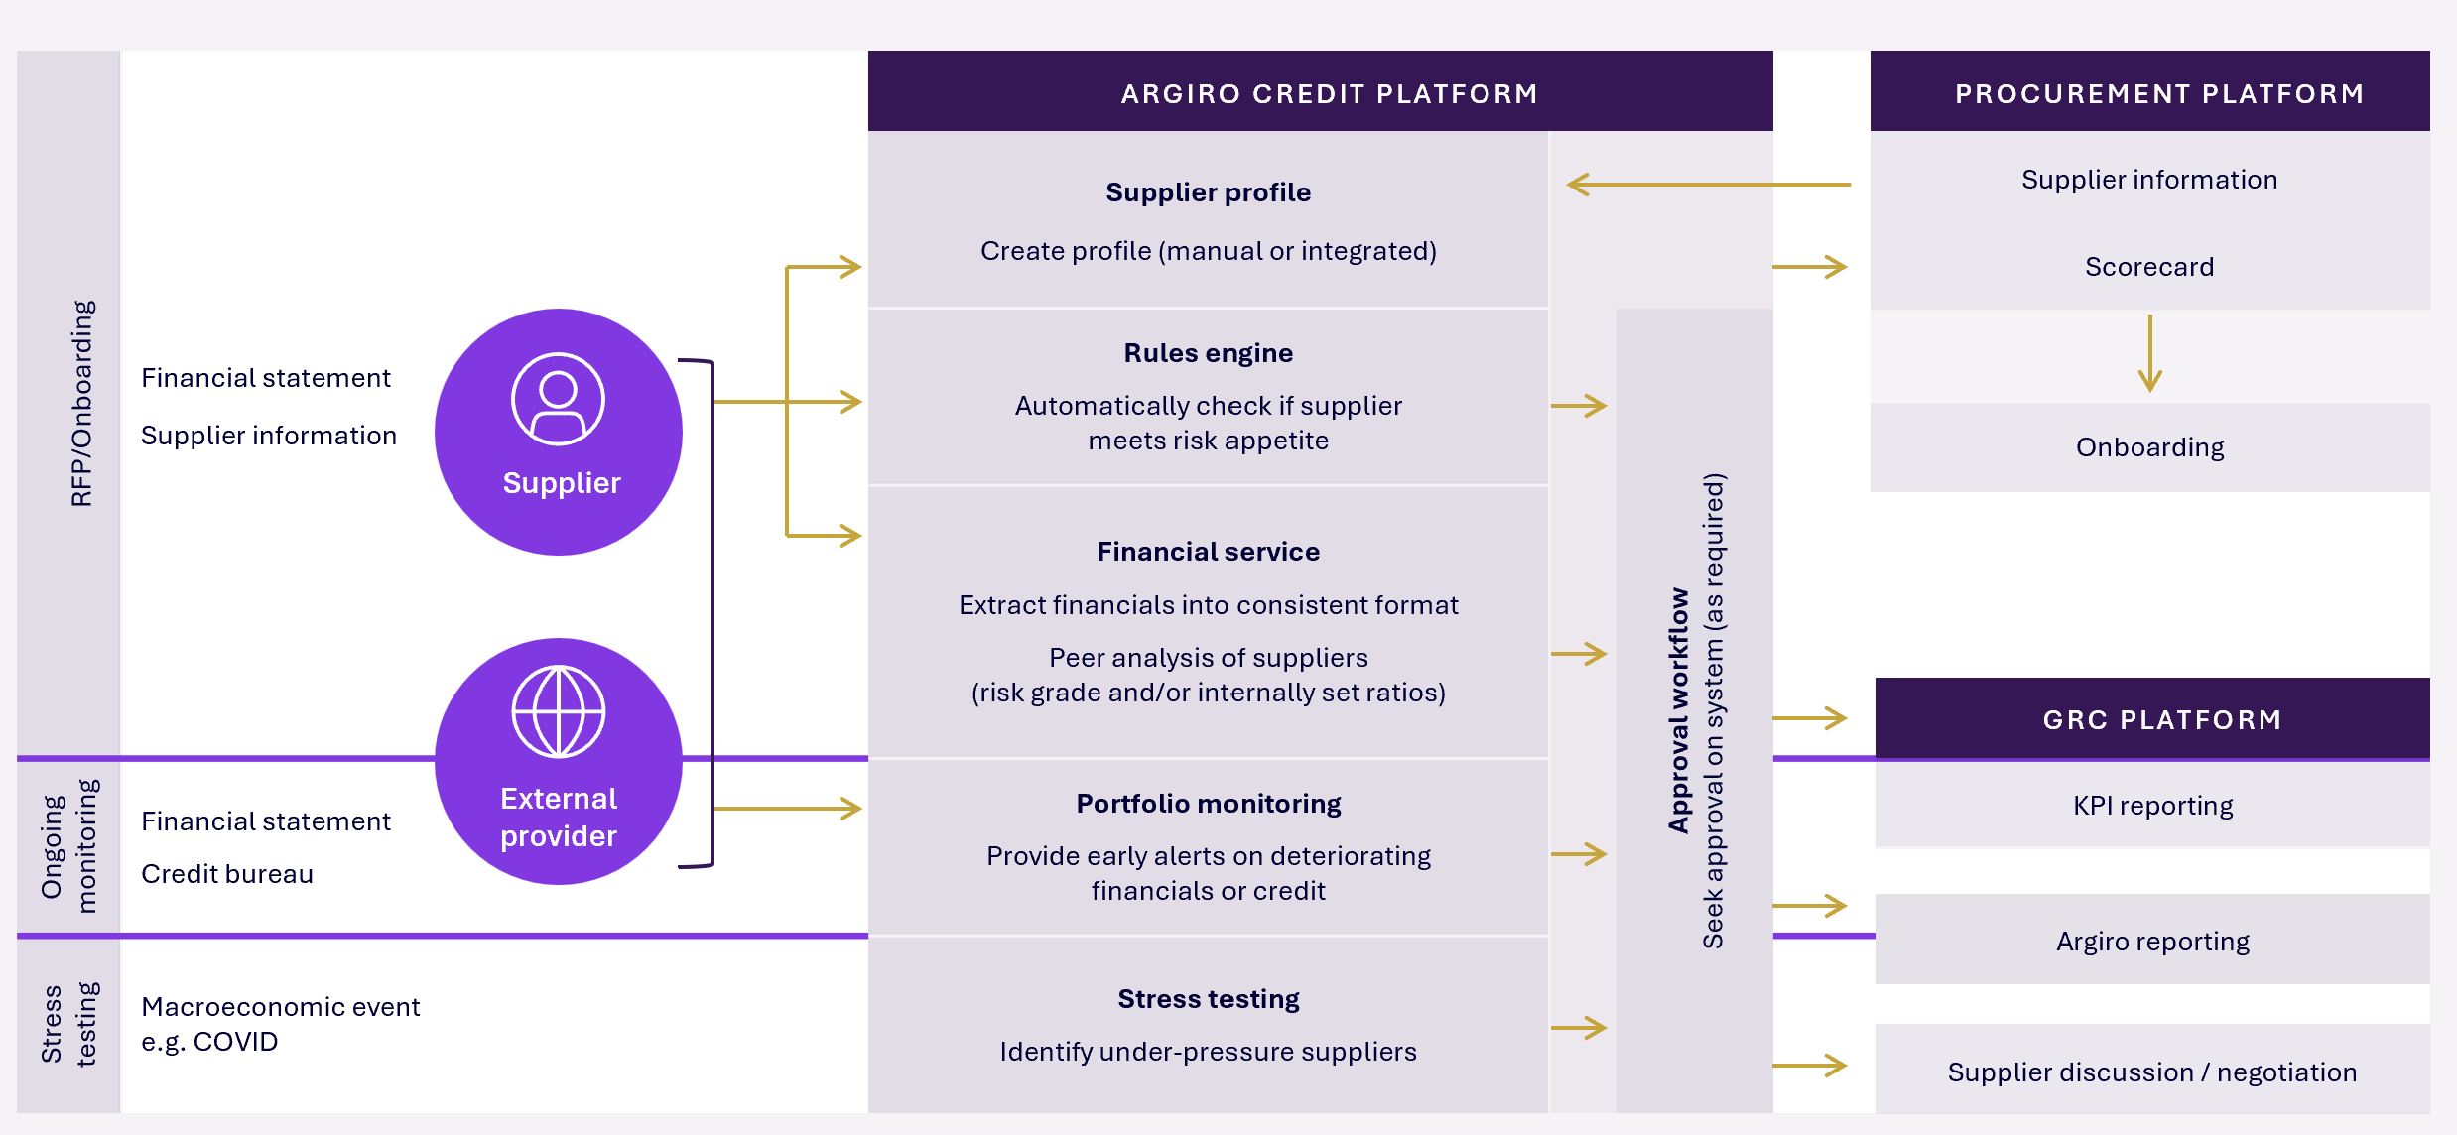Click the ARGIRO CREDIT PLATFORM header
1329,93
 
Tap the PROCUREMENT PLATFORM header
2159,93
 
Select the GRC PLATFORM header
2162,719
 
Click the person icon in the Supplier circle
559,399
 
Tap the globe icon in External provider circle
559,711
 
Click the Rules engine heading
1208,353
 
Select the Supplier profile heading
1208,192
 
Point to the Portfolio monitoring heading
1208,804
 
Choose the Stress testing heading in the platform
1208,999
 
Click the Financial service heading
1208,552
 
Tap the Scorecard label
2149,267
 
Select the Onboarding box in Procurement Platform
2149,447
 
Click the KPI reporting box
2152,806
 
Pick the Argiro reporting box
2152,941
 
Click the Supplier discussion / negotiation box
2152,1072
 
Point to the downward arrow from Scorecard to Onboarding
2149,353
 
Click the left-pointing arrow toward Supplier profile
1707,185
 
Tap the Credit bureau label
227,874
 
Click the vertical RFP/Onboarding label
81,403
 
